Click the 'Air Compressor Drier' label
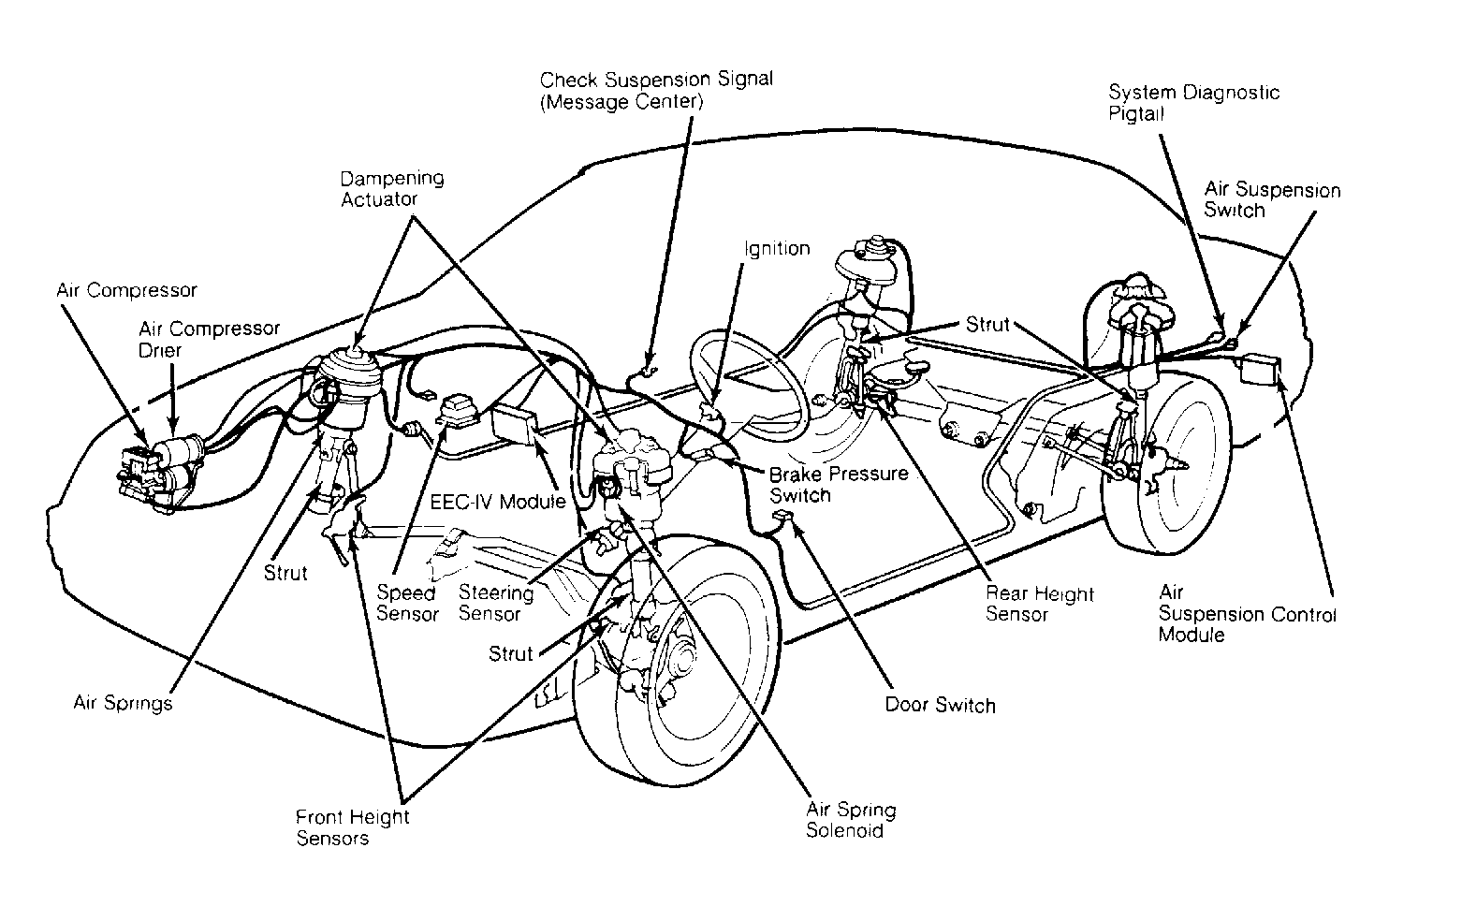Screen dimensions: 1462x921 click(209, 339)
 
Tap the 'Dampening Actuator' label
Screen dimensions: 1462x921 click(392, 189)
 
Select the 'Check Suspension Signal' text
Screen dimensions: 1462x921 click(656, 80)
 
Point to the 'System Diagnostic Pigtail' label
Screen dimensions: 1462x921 click(1193, 102)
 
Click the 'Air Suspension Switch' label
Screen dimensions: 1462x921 click(1272, 199)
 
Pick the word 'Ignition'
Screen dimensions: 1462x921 click(777, 249)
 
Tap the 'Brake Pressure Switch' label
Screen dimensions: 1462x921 click(839, 484)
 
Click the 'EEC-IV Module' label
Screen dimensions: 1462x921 click(497, 502)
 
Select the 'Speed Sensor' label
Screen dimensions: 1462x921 click(407, 603)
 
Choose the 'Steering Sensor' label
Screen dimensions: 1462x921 click(496, 603)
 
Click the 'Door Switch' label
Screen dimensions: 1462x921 click(940, 705)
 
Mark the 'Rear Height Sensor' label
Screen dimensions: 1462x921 click(1039, 604)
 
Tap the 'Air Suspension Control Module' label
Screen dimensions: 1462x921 click(1247, 614)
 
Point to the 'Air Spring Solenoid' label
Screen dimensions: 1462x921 click(851, 820)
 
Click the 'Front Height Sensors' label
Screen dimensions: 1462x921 click(353, 827)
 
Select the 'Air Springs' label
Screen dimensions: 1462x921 click(123, 703)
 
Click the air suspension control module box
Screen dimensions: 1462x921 click(1261, 369)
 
